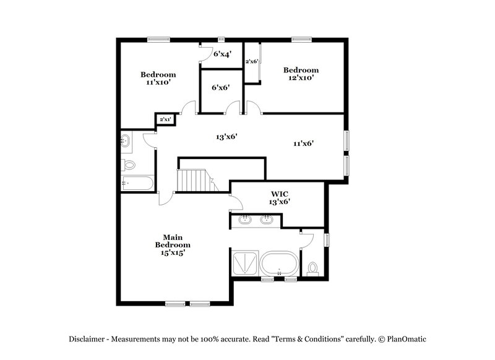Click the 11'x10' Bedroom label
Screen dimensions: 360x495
coord(158,78)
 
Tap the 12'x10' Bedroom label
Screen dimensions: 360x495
coord(301,74)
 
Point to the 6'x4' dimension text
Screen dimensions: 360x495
coord(222,54)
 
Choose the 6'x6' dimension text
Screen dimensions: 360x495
coord(221,88)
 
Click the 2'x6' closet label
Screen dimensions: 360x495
coord(251,62)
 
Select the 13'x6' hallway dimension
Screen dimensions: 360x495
coord(227,137)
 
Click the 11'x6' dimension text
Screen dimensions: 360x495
coord(303,143)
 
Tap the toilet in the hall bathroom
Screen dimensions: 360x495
coord(129,165)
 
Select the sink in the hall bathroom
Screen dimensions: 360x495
coord(126,140)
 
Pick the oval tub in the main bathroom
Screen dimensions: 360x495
coord(278,264)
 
